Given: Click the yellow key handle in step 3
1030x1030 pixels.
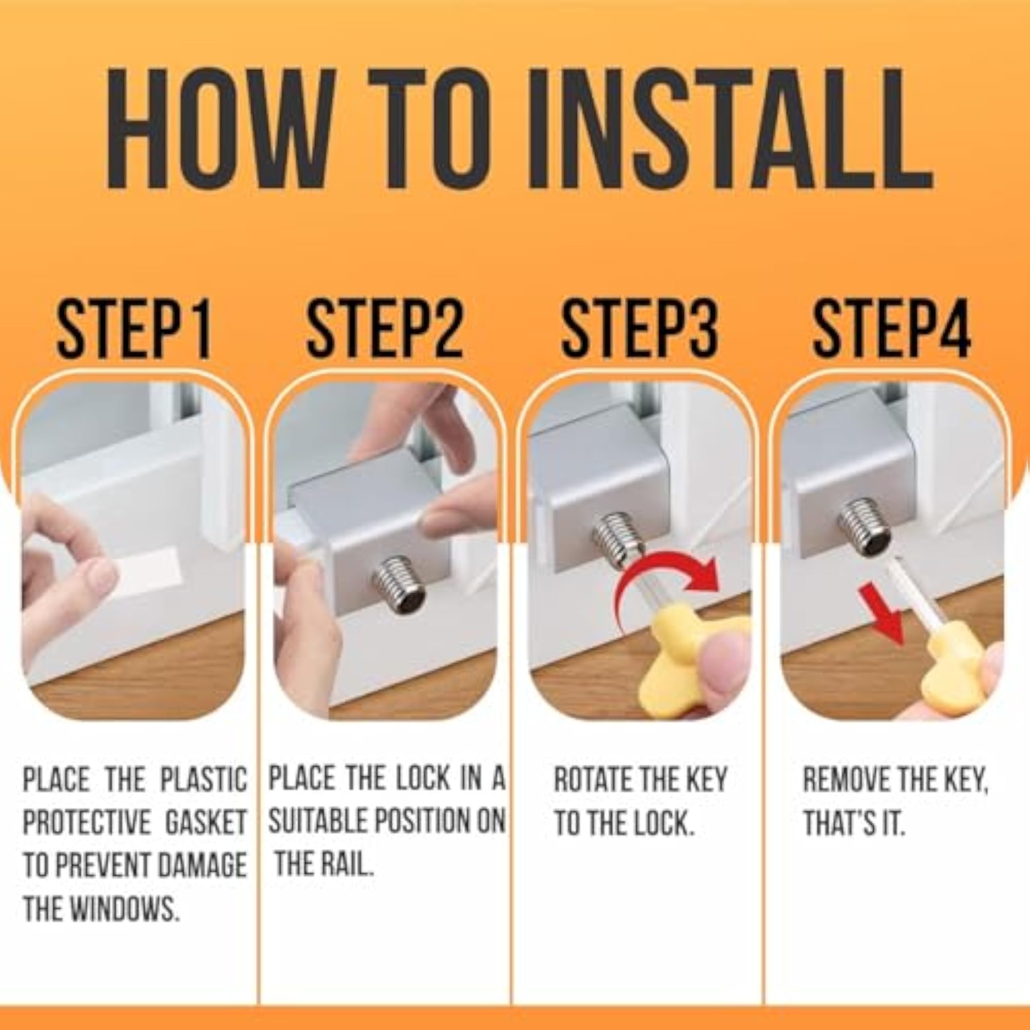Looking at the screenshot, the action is (x=693, y=661).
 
